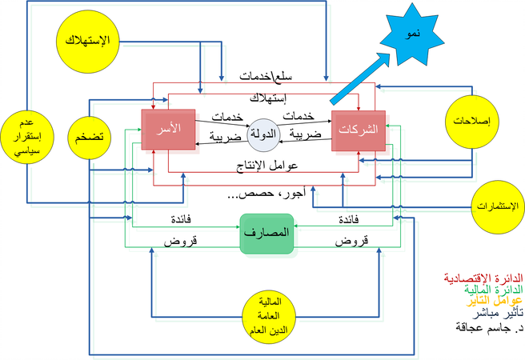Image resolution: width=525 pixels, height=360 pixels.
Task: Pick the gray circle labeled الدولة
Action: click(265, 134)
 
